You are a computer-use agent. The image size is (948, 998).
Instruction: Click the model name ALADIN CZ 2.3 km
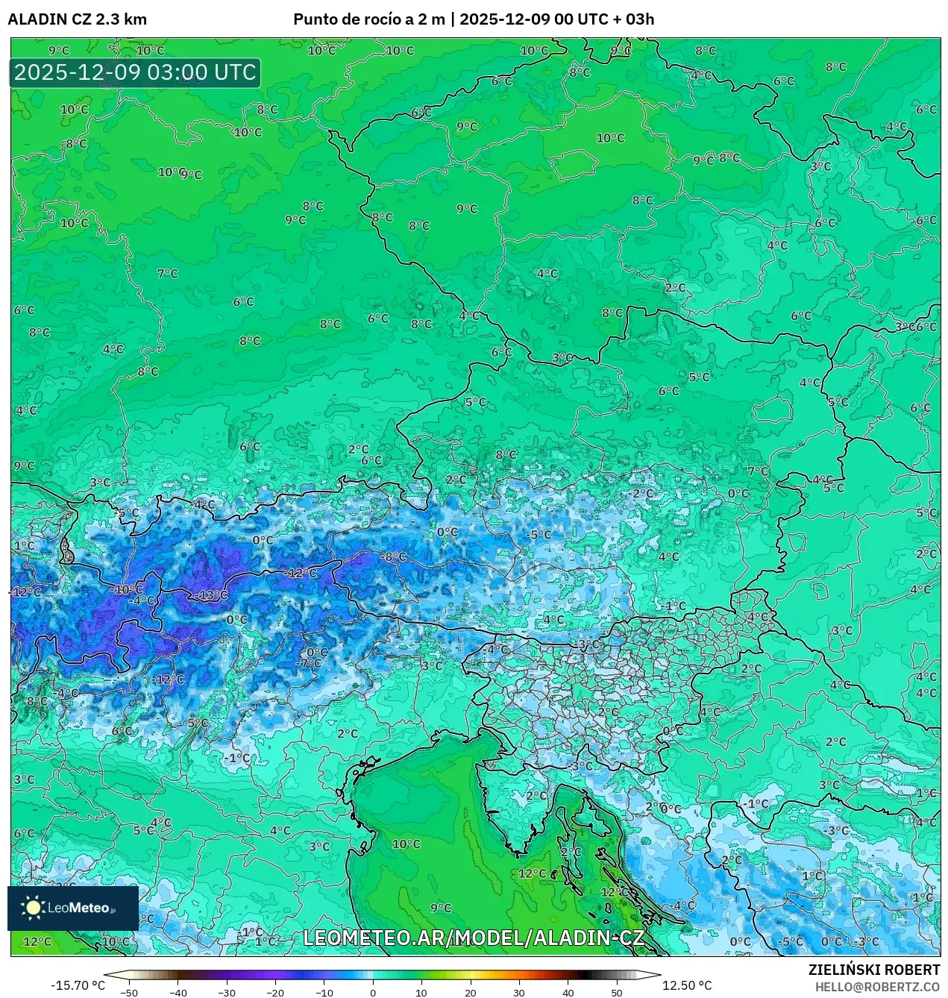point(77,19)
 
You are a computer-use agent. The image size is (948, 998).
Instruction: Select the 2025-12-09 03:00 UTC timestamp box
point(135,73)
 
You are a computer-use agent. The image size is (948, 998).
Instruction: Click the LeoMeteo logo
point(72,908)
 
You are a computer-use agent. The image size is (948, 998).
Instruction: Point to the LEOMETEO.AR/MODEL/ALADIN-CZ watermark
point(474,938)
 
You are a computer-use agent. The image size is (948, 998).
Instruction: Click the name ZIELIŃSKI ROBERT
point(873,970)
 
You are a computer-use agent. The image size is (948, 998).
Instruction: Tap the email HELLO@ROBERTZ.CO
point(877,987)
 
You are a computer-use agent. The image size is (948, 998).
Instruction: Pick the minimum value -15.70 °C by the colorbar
point(78,985)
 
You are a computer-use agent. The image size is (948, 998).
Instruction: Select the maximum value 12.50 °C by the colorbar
point(687,985)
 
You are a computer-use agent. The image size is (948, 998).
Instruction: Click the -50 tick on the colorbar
point(129,992)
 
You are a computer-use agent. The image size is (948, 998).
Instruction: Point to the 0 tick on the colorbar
point(373,992)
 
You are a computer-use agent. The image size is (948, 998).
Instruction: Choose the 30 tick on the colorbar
point(519,992)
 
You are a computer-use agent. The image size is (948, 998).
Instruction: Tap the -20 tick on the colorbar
point(275,992)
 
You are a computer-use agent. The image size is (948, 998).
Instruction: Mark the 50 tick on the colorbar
point(616,992)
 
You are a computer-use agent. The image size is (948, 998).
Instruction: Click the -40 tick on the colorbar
point(178,992)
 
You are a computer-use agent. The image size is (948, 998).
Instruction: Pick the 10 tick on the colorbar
point(421,992)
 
